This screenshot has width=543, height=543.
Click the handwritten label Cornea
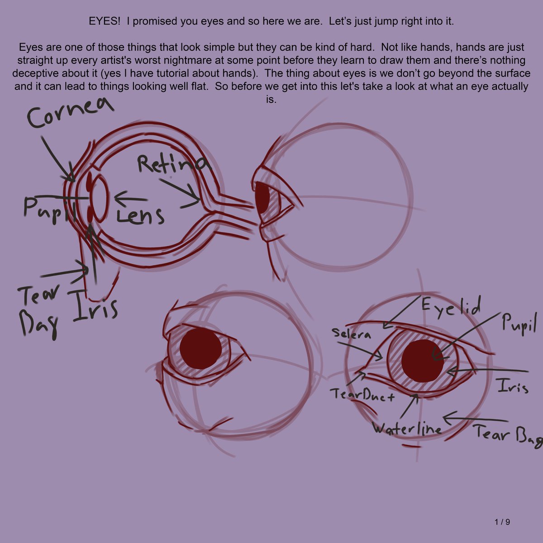point(71,112)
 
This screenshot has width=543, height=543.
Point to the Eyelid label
point(451,307)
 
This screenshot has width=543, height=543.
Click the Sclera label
point(351,333)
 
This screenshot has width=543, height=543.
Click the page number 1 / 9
point(502,522)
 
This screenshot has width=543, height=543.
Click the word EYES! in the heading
point(105,21)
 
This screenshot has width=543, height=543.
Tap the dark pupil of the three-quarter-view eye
point(200,348)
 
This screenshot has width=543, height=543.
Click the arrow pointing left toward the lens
point(131,198)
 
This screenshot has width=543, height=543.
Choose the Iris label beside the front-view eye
point(513,386)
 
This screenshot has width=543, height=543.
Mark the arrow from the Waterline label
point(409,406)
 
